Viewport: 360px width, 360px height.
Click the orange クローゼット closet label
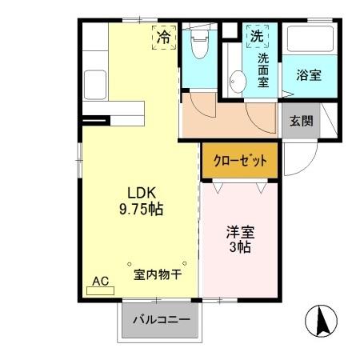tap(240, 161)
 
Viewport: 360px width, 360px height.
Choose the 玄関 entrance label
tap(301, 122)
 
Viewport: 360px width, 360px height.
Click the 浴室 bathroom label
tap(308, 77)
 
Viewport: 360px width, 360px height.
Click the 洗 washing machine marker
tap(256, 36)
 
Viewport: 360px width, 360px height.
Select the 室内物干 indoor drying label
tap(157, 274)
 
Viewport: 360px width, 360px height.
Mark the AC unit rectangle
tap(100, 290)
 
